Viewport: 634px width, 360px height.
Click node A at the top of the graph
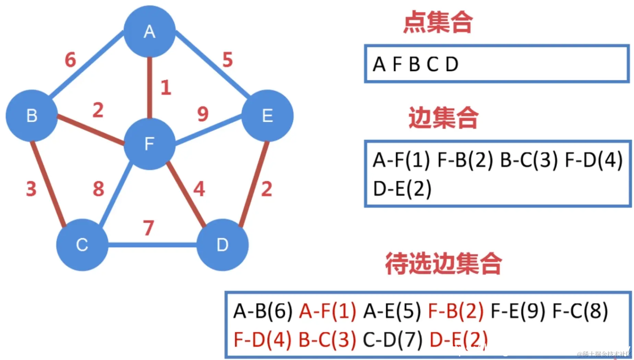[x=149, y=32]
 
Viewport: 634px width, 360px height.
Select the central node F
[x=149, y=144]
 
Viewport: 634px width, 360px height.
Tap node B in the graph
[x=32, y=116]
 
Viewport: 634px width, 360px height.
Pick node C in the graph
[x=82, y=245]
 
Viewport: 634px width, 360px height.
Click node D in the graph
[x=222, y=245]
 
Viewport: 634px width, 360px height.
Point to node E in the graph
[x=267, y=116]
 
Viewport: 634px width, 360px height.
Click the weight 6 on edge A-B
[x=70, y=60]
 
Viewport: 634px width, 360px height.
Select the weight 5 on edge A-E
[x=228, y=60]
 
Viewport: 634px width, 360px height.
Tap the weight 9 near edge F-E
[x=203, y=114]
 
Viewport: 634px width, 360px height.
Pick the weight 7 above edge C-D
[x=148, y=228]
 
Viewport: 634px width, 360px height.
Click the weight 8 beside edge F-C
[x=98, y=189]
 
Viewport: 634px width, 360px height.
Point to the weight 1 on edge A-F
[x=166, y=87]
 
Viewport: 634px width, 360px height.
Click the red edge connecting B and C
[x=48, y=183]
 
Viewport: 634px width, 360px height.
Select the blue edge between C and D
[x=152, y=245]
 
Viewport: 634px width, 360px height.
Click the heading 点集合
[x=438, y=22]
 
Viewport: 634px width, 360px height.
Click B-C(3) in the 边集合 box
[x=529, y=160]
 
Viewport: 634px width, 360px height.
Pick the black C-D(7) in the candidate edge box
[x=392, y=340]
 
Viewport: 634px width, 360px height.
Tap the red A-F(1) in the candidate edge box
[x=327, y=311]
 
